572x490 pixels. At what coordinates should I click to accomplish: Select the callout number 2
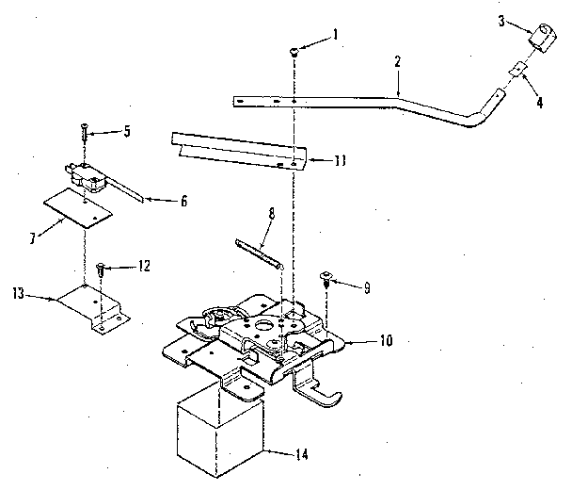[x=398, y=61]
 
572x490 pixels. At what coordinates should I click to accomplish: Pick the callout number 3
[x=504, y=21]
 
